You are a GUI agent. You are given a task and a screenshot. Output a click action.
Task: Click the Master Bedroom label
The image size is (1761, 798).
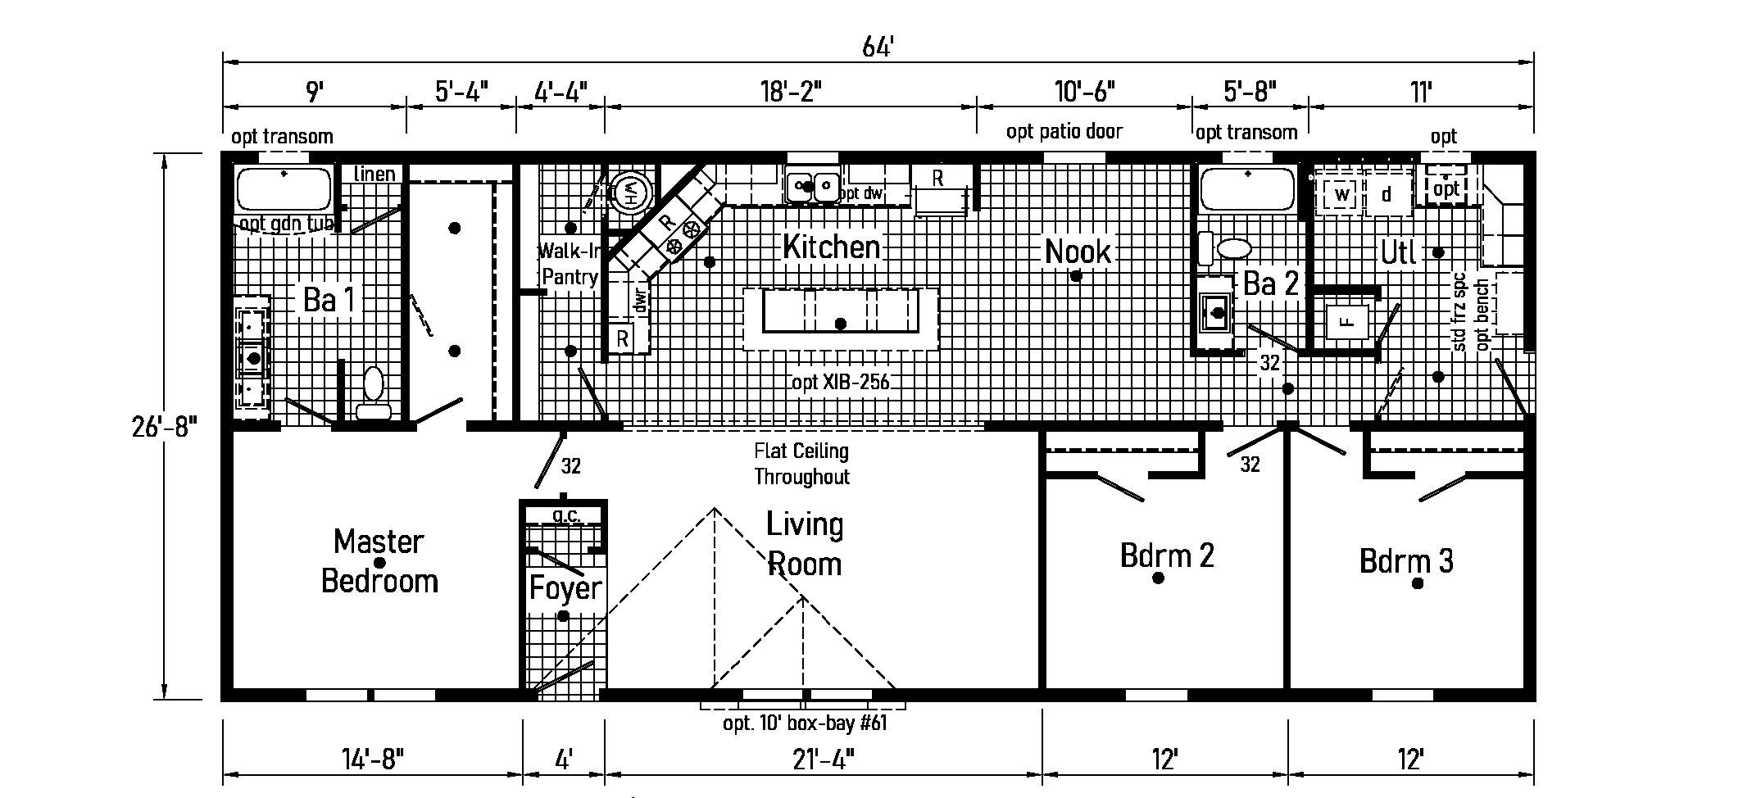(379, 561)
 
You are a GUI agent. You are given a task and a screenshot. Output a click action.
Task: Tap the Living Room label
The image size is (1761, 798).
(804, 544)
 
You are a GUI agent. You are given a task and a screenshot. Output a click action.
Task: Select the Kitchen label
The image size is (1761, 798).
(831, 247)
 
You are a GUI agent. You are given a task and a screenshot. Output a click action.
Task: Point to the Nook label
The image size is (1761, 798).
(1078, 252)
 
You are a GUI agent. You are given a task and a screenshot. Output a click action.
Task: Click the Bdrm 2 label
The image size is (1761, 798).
(1166, 556)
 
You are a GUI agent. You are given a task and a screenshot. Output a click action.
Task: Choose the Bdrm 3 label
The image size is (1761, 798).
(1406, 562)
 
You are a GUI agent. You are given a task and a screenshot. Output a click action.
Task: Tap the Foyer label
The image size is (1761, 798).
(565, 588)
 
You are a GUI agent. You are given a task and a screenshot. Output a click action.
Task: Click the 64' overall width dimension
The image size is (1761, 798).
(877, 48)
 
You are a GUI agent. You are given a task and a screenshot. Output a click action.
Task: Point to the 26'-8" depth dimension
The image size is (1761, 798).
(165, 427)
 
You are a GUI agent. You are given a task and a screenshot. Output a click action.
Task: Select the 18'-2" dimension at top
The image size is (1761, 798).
(788, 91)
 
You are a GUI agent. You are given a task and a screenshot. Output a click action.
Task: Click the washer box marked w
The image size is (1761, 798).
(1341, 194)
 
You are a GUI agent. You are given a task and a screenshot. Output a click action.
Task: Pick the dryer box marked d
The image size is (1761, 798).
(1387, 194)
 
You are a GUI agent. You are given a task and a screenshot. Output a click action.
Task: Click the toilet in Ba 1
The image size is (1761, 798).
(374, 393)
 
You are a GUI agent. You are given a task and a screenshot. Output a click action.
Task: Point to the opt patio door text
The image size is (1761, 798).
(1064, 131)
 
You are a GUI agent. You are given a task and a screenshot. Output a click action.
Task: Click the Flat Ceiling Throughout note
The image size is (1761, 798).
(801, 464)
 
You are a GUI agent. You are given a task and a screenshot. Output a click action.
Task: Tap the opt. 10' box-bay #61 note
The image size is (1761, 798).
(805, 723)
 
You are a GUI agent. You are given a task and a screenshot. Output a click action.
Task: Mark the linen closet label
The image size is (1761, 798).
(374, 174)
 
